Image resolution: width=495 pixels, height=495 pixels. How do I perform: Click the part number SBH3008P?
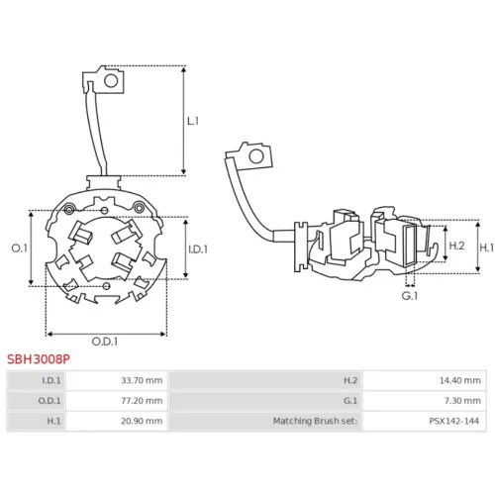click(x=39, y=359)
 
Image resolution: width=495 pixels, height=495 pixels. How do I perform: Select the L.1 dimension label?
click(x=193, y=121)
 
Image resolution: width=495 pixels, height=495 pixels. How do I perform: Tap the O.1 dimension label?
click(x=20, y=248)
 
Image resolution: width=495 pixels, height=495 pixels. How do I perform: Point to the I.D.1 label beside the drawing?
click(x=198, y=249)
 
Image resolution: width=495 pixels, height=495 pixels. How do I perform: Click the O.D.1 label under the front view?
click(x=105, y=342)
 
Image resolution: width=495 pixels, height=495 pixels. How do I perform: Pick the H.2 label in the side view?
click(x=456, y=246)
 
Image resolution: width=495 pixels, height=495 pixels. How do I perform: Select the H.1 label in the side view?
click(x=487, y=247)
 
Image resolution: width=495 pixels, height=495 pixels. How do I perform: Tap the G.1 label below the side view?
click(x=410, y=296)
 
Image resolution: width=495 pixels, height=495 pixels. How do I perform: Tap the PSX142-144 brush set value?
click(x=453, y=421)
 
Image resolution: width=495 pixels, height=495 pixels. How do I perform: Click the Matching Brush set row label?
click(x=315, y=421)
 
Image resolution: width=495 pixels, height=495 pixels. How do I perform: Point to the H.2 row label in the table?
click(x=350, y=380)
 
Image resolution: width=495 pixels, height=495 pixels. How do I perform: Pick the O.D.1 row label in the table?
click(x=49, y=401)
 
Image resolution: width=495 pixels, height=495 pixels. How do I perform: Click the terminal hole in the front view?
click(x=111, y=81)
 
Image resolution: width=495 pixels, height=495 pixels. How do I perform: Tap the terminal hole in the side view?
click(x=256, y=156)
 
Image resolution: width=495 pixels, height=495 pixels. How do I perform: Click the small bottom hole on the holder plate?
click(x=106, y=286)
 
